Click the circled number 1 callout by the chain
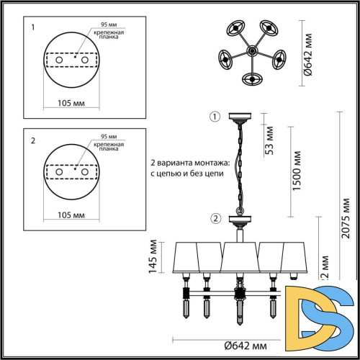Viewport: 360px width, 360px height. tap(213, 117)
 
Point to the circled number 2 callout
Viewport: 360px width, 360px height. tap(215, 219)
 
